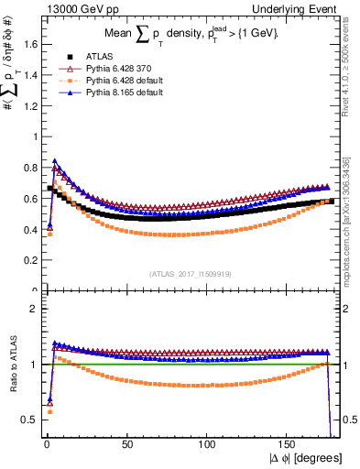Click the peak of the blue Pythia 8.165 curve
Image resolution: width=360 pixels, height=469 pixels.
pos(55,161)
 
